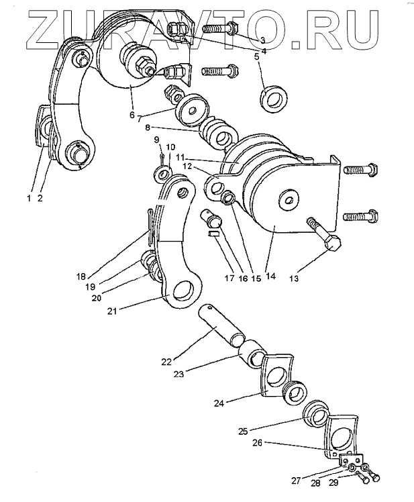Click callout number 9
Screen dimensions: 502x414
click(156, 140)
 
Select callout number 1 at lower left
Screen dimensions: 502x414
click(29, 198)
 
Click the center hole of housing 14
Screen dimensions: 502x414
click(287, 198)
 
